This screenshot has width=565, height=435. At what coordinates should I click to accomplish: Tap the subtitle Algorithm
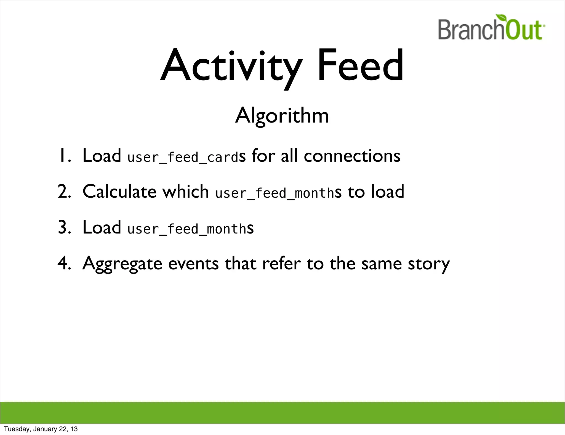pos(282,115)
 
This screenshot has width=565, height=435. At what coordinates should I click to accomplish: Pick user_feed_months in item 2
pos(275,193)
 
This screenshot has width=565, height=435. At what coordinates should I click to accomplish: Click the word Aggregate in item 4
pos(122,264)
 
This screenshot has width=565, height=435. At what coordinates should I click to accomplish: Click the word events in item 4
pos(193,264)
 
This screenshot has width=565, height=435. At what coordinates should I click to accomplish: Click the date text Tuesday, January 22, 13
pos(41,429)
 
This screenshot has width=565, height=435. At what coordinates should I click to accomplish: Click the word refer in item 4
pos(281,263)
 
